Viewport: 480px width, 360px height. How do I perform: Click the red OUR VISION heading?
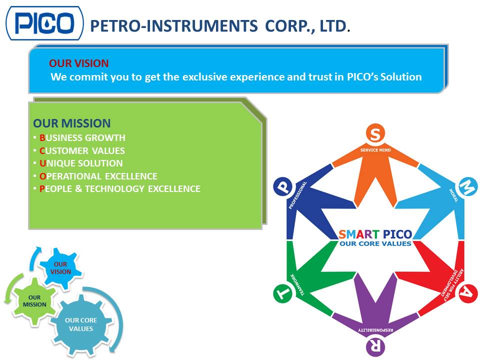(78, 63)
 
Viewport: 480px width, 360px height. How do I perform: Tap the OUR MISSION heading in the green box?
(72, 123)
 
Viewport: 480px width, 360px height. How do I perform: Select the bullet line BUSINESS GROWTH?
(82, 138)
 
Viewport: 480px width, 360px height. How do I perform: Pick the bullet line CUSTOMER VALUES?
(82, 150)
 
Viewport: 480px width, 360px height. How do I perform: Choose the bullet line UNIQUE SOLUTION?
(81, 163)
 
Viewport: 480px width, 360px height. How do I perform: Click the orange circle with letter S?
(375, 133)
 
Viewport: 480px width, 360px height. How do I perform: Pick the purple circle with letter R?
(375, 345)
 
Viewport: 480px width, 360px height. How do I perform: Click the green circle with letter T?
(282, 294)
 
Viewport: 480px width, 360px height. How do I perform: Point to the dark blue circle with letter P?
(282, 187)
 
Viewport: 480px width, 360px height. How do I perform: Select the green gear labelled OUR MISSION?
(34, 301)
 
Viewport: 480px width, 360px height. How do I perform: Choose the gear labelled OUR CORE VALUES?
(81, 324)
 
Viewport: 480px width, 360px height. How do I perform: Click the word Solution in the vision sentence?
(400, 77)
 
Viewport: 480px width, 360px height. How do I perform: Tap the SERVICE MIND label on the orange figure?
(375, 149)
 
